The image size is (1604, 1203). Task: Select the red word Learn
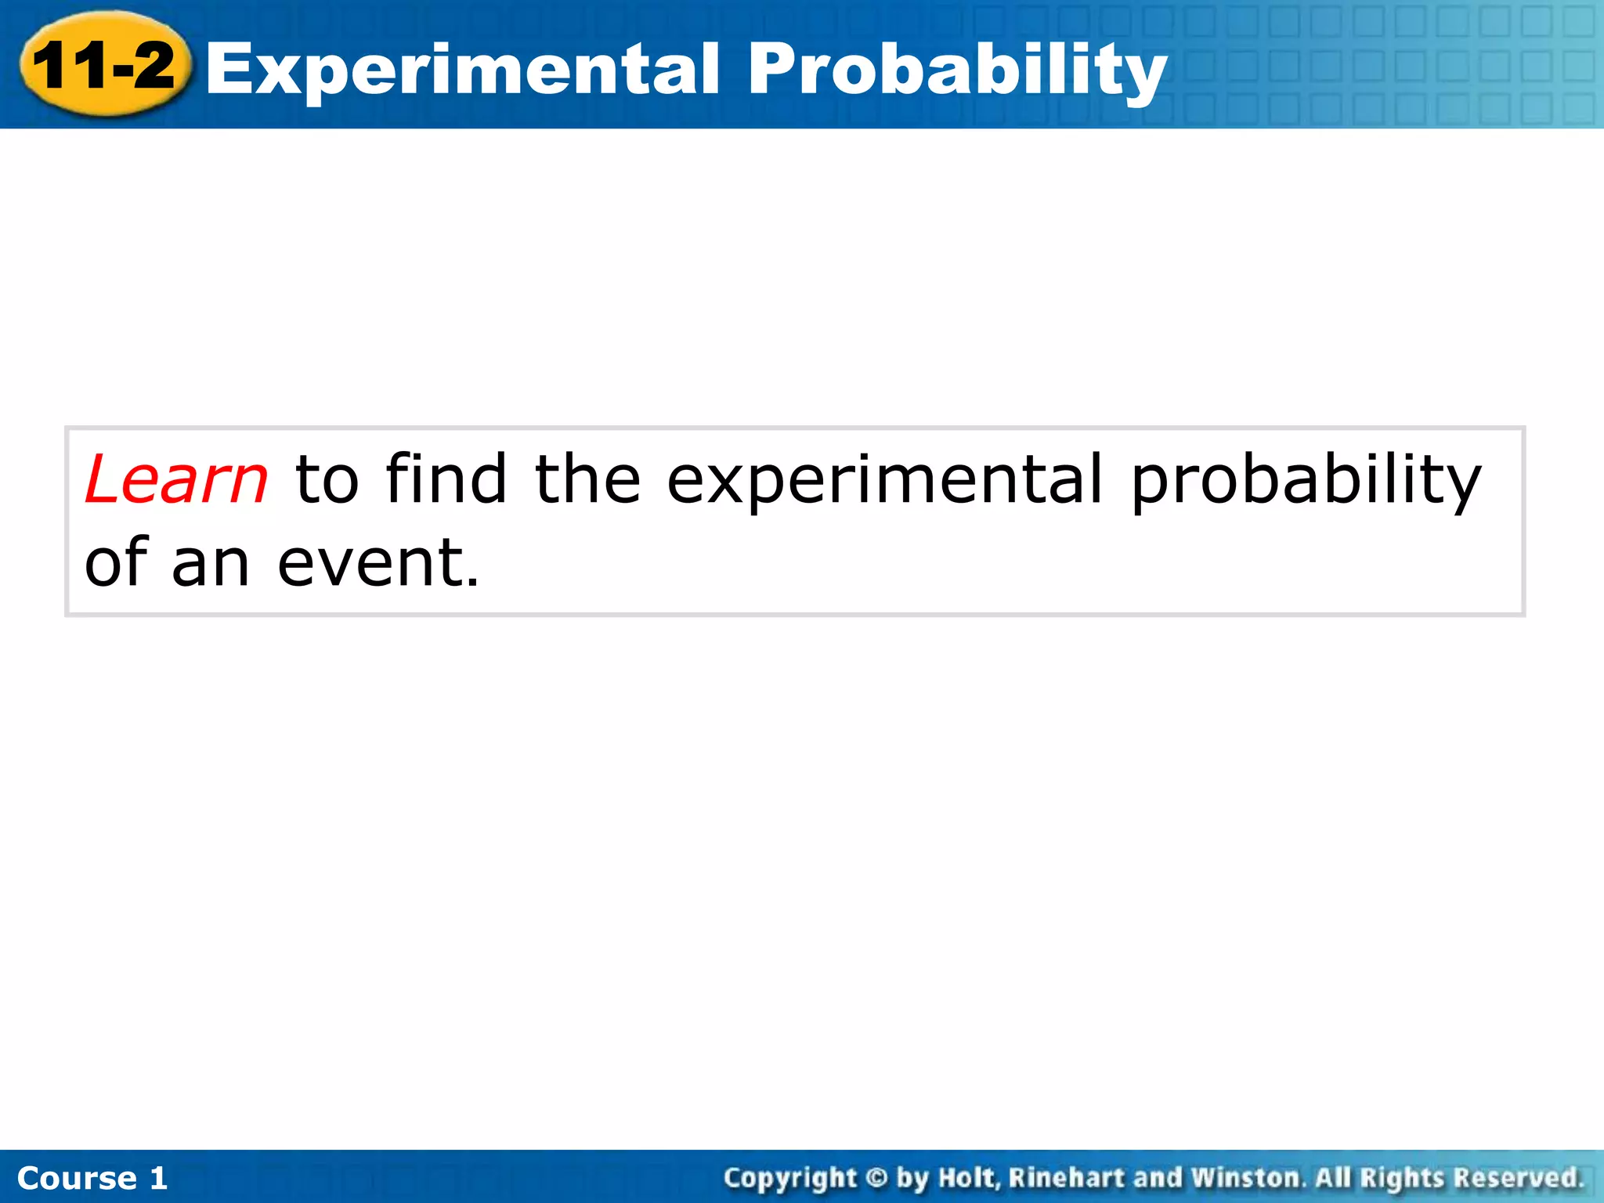coord(176,479)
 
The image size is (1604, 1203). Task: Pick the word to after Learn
coord(327,479)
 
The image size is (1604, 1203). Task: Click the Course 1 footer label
coord(92,1178)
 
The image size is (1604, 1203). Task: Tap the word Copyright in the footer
coord(789,1178)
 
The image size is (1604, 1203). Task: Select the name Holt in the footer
coord(969,1177)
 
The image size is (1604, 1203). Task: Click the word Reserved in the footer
coord(1518,1177)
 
